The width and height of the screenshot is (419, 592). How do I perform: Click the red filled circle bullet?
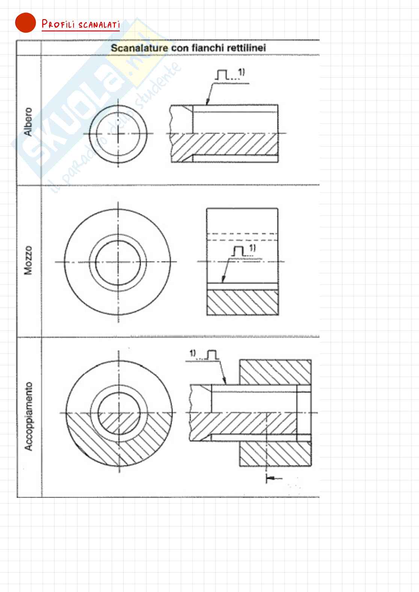pyautogui.click(x=26, y=23)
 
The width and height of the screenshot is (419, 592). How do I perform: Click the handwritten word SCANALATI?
pyautogui.click(x=99, y=25)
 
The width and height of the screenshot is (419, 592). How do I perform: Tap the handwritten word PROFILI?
pyautogui.click(x=58, y=24)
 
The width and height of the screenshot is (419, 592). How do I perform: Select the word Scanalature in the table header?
pyautogui.click(x=139, y=48)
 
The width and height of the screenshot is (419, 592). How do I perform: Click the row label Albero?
pyautogui.click(x=28, y=122)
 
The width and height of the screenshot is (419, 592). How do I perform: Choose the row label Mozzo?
pyautogui.click(x=28, y=260)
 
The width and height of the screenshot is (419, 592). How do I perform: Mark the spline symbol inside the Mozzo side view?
pyautogui.click(x=238, y=251)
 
